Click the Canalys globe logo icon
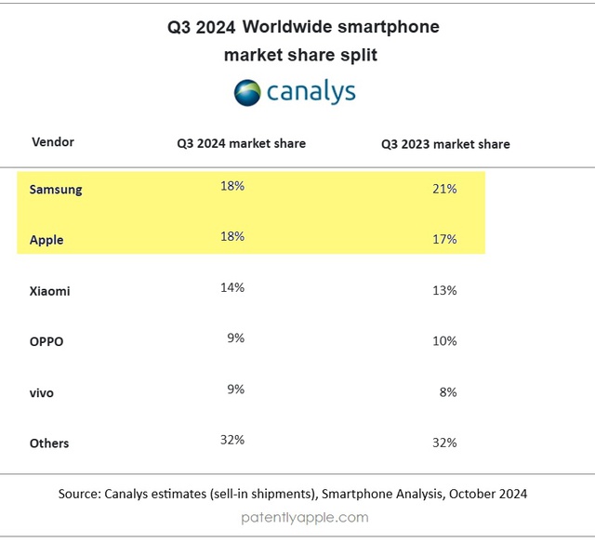247,92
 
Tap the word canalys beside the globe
311,93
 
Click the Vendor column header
53,142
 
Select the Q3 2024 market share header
242,144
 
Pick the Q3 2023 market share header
445,144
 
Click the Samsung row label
56,190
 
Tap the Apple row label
46,240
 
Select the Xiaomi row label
49,291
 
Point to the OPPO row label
47,341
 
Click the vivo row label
42,392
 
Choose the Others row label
49,443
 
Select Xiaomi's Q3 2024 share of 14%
232,287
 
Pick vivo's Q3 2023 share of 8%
448,392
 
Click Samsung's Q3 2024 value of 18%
232,186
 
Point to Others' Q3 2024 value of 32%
232,440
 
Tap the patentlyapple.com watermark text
304,517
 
